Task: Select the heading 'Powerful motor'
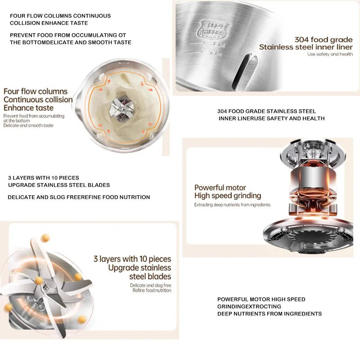[220, 188]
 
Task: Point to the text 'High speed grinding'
[227, 196]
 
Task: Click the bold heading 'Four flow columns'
[35, 91]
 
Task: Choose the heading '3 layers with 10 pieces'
[132, 259]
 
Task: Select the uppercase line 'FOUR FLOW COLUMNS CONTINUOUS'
[60, 16]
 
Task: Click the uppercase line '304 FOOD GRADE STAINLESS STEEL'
[266, 111]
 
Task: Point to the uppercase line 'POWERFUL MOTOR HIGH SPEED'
[261, 299]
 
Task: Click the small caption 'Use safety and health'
[330, 54]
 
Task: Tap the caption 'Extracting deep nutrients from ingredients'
[232, 205]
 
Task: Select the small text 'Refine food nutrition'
[152, 291]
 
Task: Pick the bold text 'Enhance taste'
[28, 108]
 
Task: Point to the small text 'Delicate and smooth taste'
[28, 126]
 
